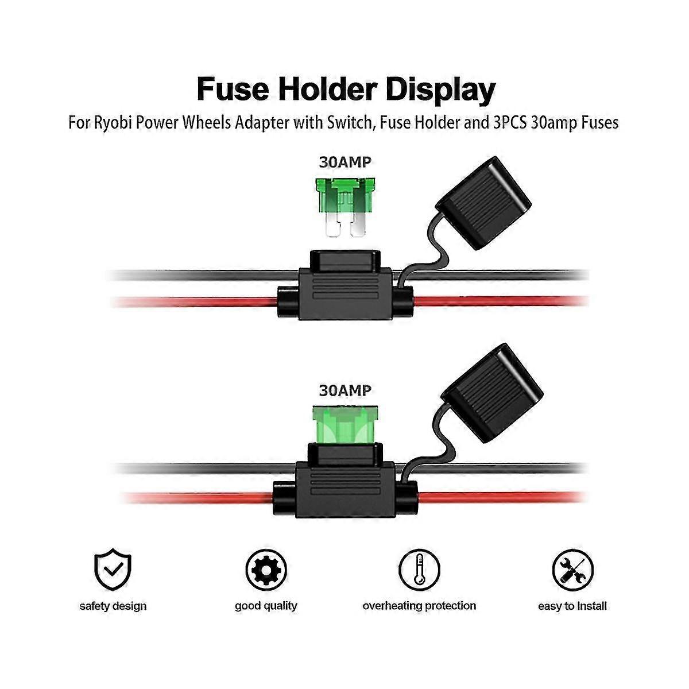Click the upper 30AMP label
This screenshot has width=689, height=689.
point(345,162)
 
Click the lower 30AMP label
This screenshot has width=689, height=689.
point(345,390)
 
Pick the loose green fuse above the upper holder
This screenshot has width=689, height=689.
point(344,198)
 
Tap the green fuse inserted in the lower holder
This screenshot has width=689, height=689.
point(344,425)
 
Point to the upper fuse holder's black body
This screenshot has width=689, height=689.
point(344,290)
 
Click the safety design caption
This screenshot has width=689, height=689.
point(113,606)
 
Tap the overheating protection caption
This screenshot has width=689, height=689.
point(419,606)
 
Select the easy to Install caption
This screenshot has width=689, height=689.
point(572,606)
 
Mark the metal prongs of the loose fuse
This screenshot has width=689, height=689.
point(344,227)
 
